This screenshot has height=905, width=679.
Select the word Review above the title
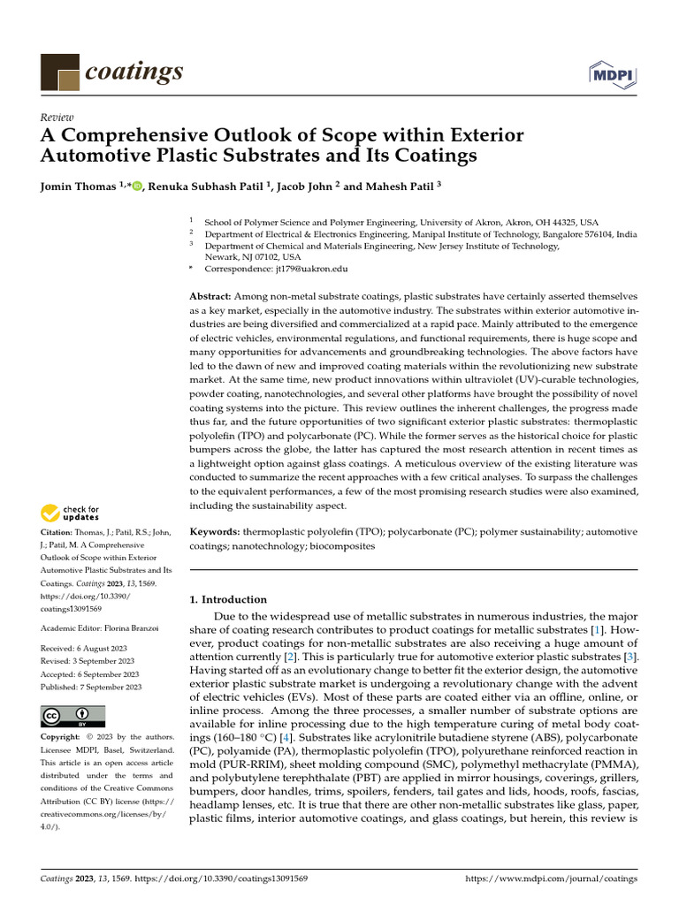(57, 118)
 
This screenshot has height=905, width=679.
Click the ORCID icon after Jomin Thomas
(137, 187)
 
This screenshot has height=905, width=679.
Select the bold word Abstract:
(211, 295)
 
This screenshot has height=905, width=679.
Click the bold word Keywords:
(215, 532)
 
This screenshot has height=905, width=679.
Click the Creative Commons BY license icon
(73, 715)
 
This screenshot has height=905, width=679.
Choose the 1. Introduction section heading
(228, 599)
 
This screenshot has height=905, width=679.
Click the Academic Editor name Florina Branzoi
(131, 627)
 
